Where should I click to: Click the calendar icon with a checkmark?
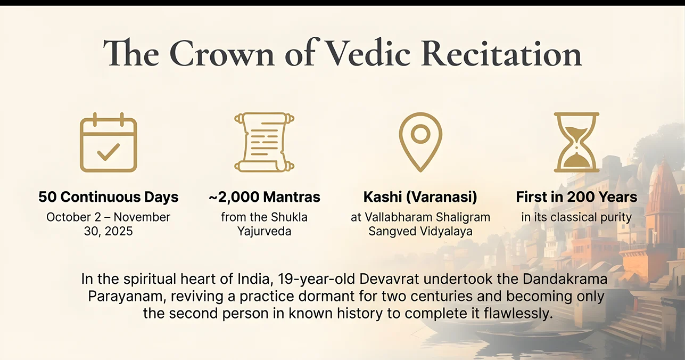point(108,143)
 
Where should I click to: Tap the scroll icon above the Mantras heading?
point(265,142)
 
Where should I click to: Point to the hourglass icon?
point(576,142)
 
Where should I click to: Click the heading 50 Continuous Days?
point(108,197)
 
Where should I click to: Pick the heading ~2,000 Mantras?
point(265,197)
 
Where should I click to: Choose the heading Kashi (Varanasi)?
point(420,197)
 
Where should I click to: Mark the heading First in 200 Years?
point(576,197)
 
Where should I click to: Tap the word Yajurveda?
point(265,232)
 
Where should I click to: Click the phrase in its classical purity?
point(576,217)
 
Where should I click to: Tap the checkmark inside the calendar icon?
point(108,152)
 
